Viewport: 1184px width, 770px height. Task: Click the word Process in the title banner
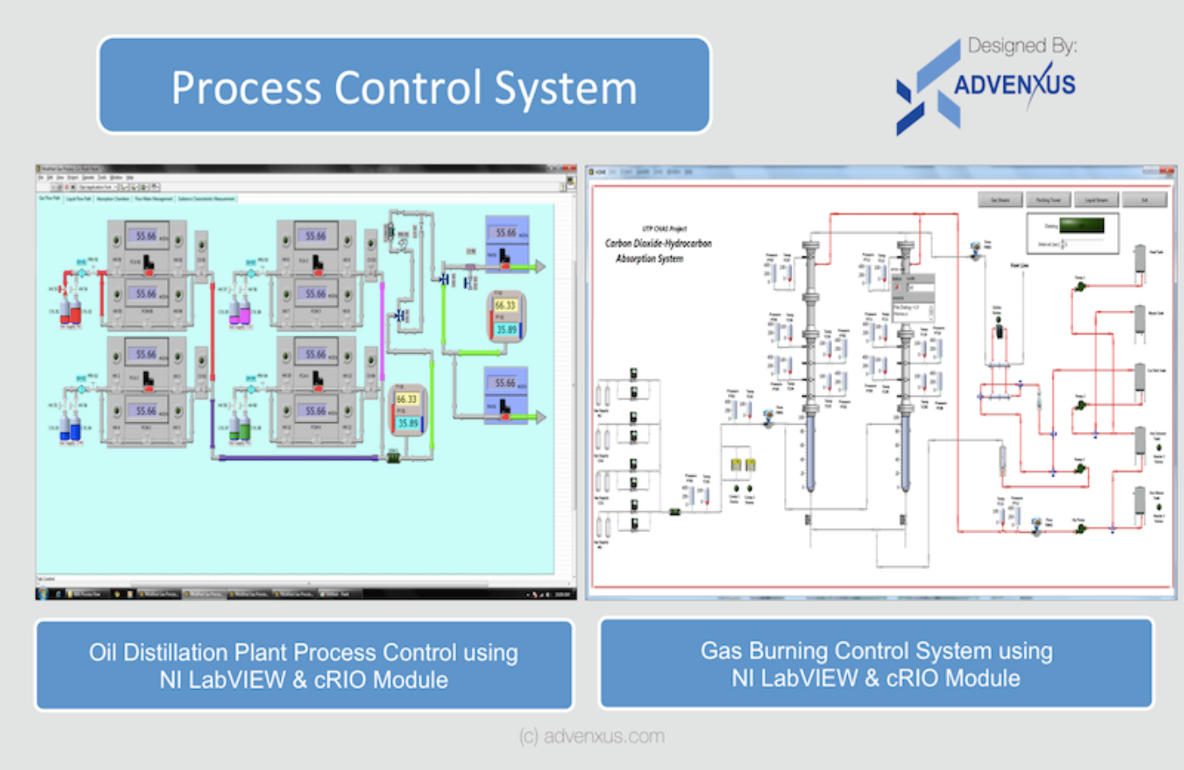[x=245, y=88]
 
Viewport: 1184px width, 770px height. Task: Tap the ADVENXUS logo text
[x=1015, y=84]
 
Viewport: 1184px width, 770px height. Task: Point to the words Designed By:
[x=1022, y=45]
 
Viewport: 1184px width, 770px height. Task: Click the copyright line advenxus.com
[x=592, y=735]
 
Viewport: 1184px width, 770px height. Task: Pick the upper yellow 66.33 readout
[x=505, y=305]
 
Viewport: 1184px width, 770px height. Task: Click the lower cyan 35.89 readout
[x=408, y=423]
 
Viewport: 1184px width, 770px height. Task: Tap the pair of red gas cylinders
[x=69, y=311]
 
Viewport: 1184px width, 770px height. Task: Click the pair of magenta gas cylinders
[x=239, y=311]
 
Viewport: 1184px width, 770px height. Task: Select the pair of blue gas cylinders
[x=69, y=429]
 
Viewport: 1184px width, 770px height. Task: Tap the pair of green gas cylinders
[x=239, y=429]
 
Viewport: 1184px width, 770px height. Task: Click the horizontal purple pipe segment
[x=297, y=457]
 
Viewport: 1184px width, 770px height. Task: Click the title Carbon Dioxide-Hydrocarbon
[x=658, y=243]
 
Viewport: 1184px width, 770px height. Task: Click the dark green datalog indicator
[x=1082, y=226]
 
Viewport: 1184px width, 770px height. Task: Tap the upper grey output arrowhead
[x=540, y=266]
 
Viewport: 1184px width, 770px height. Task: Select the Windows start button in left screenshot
[x=42, y=593]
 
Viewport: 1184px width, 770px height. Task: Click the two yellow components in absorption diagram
[x=742, y=465]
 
